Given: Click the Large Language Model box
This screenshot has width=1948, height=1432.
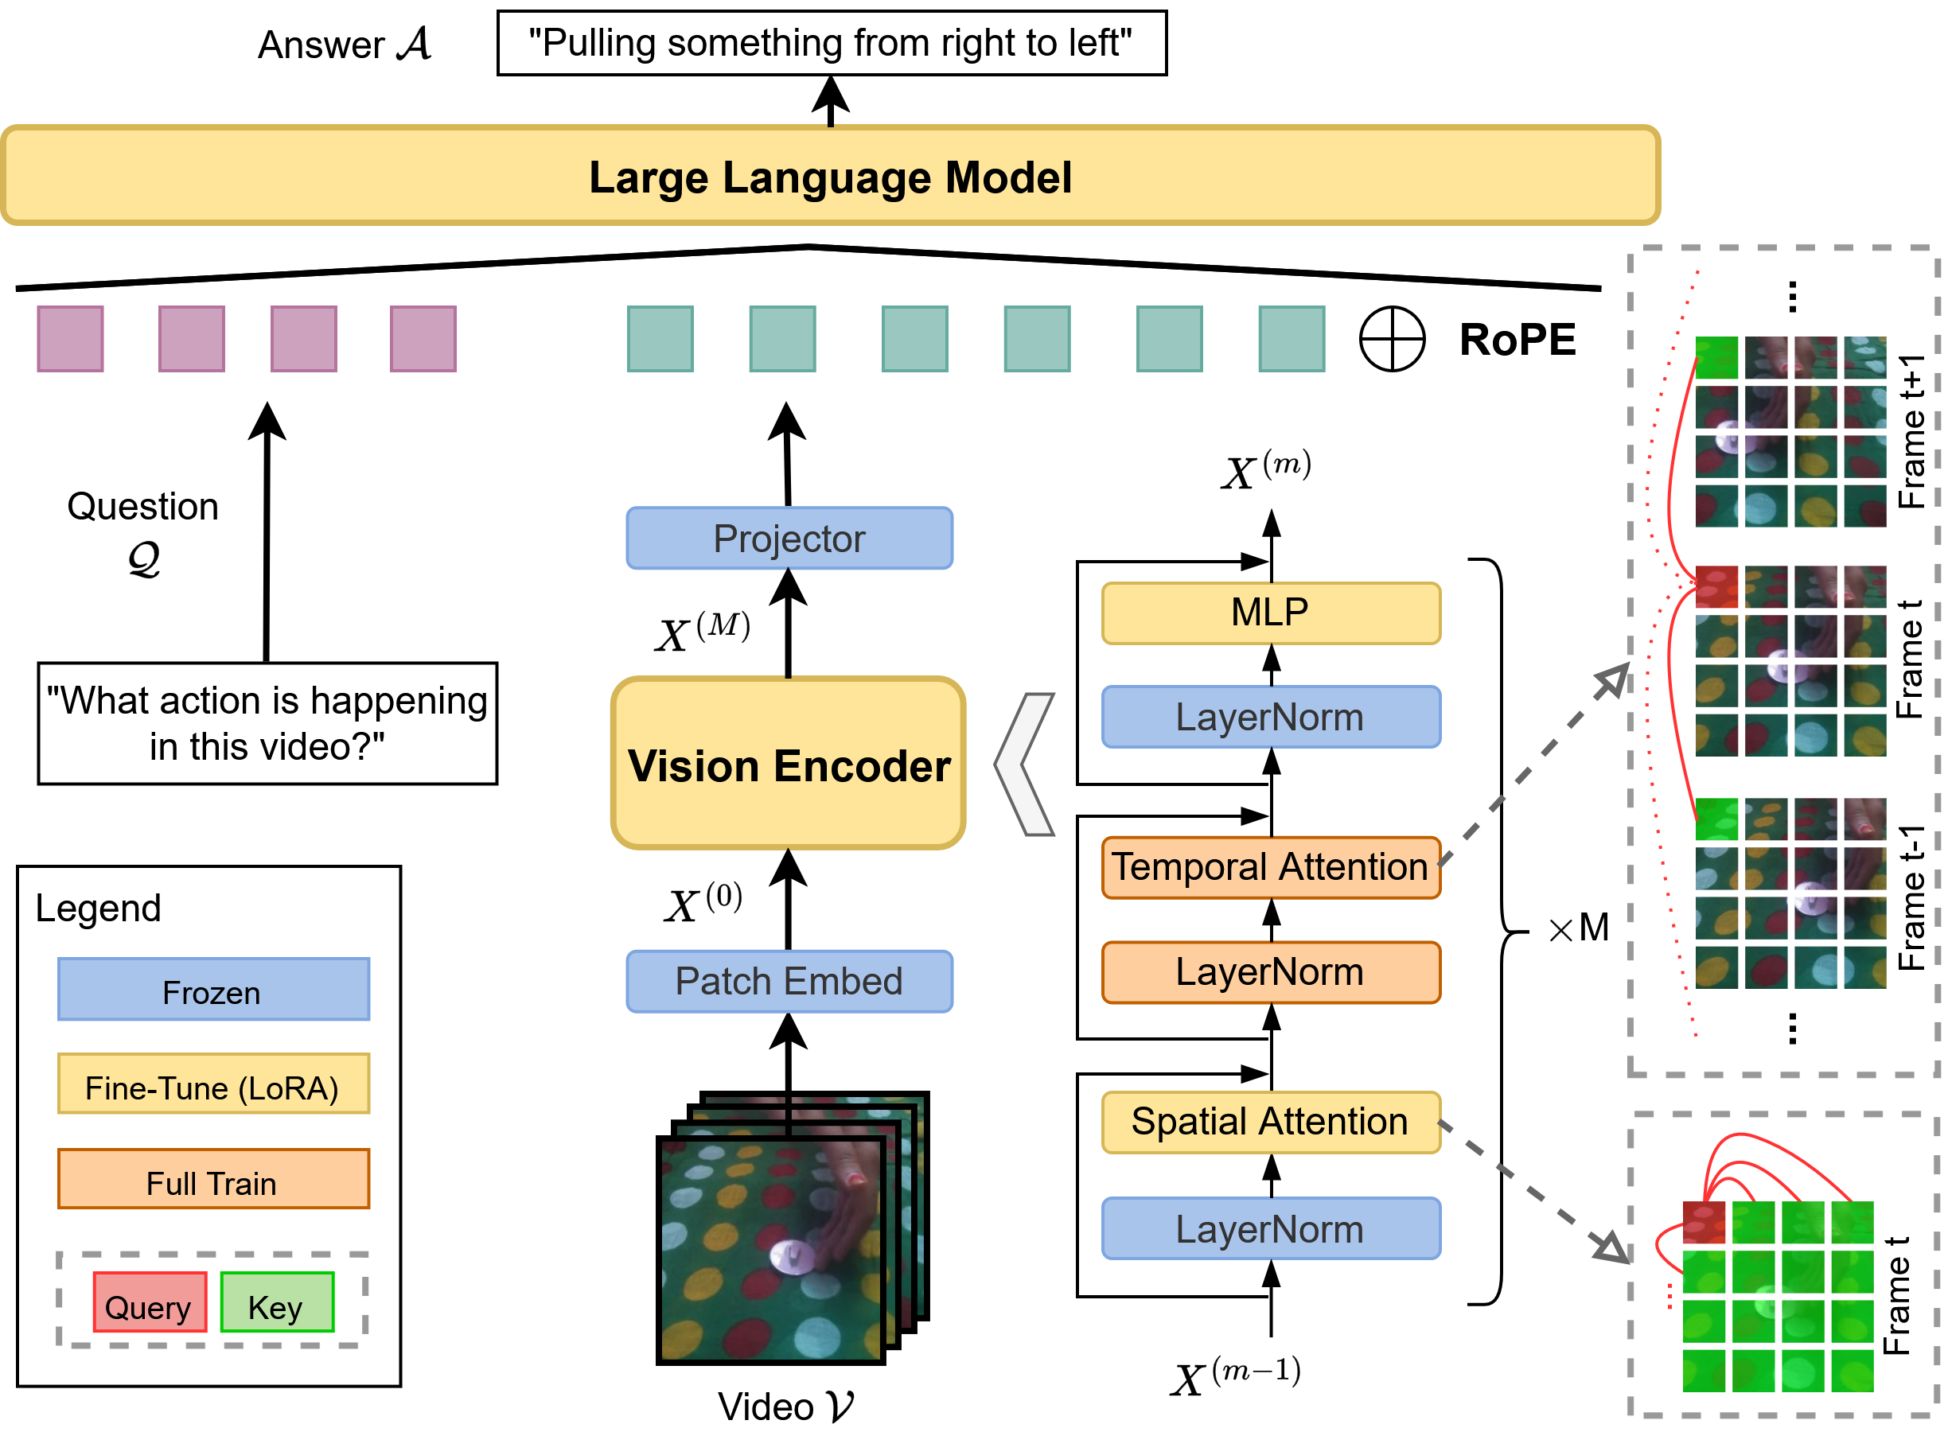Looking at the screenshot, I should click(x=831, y=176).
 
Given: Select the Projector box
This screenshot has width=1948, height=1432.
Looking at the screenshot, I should click(x=789, y=539).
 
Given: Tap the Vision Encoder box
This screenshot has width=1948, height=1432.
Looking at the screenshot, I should click(x=788, y=763).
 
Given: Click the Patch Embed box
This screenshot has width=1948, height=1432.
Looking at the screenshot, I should click(x=789, y=981).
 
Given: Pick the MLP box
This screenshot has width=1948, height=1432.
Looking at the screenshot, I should click(x=1270, y=613).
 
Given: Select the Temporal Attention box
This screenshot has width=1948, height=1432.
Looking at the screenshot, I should click(x=1270, y=867).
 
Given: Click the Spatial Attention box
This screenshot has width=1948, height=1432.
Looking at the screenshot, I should click(x=1270, y=1122).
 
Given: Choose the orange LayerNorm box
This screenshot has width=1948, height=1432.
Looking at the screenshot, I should click(x=1270, y=971).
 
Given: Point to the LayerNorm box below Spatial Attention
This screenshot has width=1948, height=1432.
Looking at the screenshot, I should click(x=1270, y=1228).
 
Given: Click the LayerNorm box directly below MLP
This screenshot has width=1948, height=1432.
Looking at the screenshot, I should click(x=1270, y=717).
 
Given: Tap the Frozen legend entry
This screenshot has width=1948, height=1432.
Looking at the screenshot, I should click(x=213, y=990).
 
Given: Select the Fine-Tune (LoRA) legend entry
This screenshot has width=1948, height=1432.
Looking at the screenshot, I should click(x=213, y=1084).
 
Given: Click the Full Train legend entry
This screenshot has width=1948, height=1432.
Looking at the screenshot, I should click(x=213, y=1180).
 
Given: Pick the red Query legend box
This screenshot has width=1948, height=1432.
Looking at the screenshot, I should click(x=149, y=1302).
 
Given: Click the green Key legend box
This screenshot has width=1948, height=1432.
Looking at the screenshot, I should click(x=277, y=1302).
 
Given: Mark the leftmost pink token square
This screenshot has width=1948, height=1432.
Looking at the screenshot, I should click(x=70, y=339).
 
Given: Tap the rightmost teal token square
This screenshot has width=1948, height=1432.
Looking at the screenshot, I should click(x=1291, y=339).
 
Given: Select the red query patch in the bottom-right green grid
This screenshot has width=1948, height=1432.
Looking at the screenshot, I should click(x=1704, y=1223).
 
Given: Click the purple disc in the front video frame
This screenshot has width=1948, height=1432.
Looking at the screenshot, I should click(x=791, y=1256).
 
